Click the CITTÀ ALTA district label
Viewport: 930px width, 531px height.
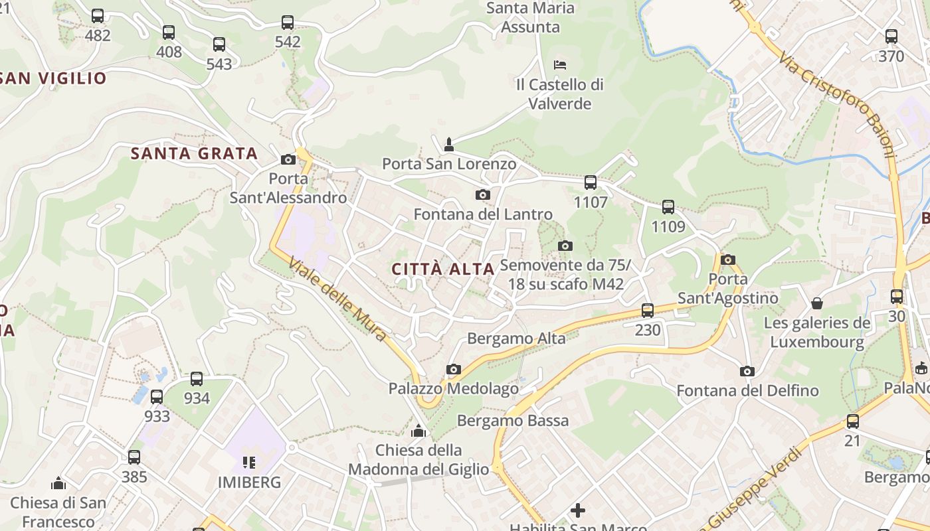pyautogui.click(x=443, y=269)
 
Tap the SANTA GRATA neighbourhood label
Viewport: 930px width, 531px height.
pyautogui.click(x=194, y=153)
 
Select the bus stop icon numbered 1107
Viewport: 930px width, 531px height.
pyautogui.click(x=590, y=183)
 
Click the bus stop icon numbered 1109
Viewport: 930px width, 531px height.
pyautogui.click(x=668, y=207)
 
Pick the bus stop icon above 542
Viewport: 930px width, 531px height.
pyautogui.click(x=288, y=23)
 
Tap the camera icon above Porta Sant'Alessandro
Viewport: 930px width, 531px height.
pyautogui.click(x=288, y=159)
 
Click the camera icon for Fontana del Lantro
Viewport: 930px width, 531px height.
pyautogui.click(x=483, y=194)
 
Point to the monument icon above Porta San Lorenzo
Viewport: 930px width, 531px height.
pyautogui.click(x=449, y=144)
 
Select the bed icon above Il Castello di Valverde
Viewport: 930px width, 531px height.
pyautogui.click(x=560, y=65)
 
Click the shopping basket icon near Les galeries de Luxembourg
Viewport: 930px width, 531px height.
pyautogui.click(x=817, y=303)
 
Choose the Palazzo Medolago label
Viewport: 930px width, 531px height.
pyautogui.click(x=444, y=388)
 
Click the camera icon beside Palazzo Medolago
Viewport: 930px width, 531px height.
pyautogui.click(x=454, y=369)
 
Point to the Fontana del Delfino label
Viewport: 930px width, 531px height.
pyautogui.click(x=747, y=391)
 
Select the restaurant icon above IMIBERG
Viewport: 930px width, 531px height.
pyautogui.click(x=249, y=462)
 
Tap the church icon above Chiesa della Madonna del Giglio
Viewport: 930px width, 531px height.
pyautogui.click(x=418, y=431)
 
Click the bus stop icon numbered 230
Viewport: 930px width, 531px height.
pyautogui.click(x=648, y=310)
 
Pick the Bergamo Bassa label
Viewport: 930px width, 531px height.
pyautogui.click(x=513, y=421)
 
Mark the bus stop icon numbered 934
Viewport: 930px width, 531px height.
pyautogui.click(x=197, y=379)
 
